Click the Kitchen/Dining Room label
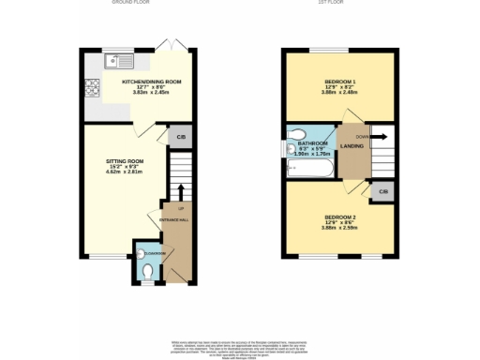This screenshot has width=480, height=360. coord(151,82)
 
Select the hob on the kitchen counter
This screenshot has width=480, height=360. coord(93,89)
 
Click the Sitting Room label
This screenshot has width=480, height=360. coord(122,161)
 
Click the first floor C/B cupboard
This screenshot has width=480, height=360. coord(382,192)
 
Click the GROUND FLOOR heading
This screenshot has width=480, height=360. coord(131,3)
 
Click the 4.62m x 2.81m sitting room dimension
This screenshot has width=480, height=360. coord(122,174)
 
